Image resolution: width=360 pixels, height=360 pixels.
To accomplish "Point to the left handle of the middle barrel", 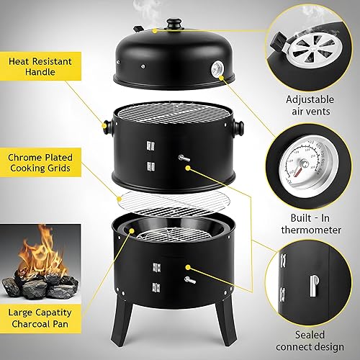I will pos(108,129).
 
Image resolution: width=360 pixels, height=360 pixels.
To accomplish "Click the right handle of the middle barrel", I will pos(238,129).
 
